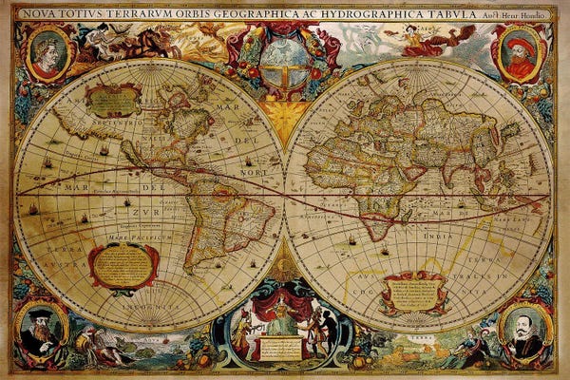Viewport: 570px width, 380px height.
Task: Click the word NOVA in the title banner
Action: [41, 13]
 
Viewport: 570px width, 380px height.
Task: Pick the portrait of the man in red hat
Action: [520, 53]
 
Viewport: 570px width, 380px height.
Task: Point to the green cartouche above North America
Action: [112, 98]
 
